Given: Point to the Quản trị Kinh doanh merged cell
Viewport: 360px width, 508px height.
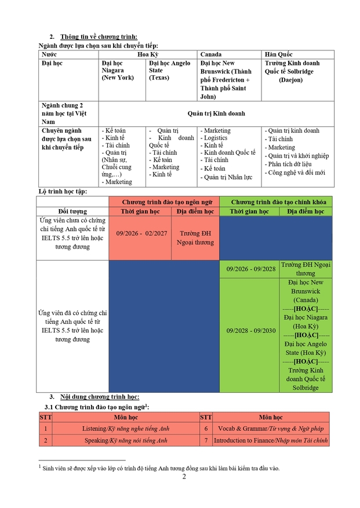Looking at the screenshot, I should (x=216, y=114).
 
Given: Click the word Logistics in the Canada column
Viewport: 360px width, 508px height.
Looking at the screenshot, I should (x=215, y=138).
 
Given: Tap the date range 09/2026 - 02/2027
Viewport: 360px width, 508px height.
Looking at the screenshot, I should (x=139, y=232).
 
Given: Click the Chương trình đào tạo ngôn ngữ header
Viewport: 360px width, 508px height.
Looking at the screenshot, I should (x=164, y=202).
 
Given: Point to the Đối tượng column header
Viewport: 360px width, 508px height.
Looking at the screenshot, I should (x=72, y=211).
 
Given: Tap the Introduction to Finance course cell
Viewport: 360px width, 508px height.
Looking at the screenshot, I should (x=271, y=441).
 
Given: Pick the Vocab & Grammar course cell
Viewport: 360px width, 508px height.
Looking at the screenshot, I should (x=271, y=429).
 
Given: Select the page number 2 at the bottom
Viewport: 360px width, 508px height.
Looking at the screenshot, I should (x=184, y=477).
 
